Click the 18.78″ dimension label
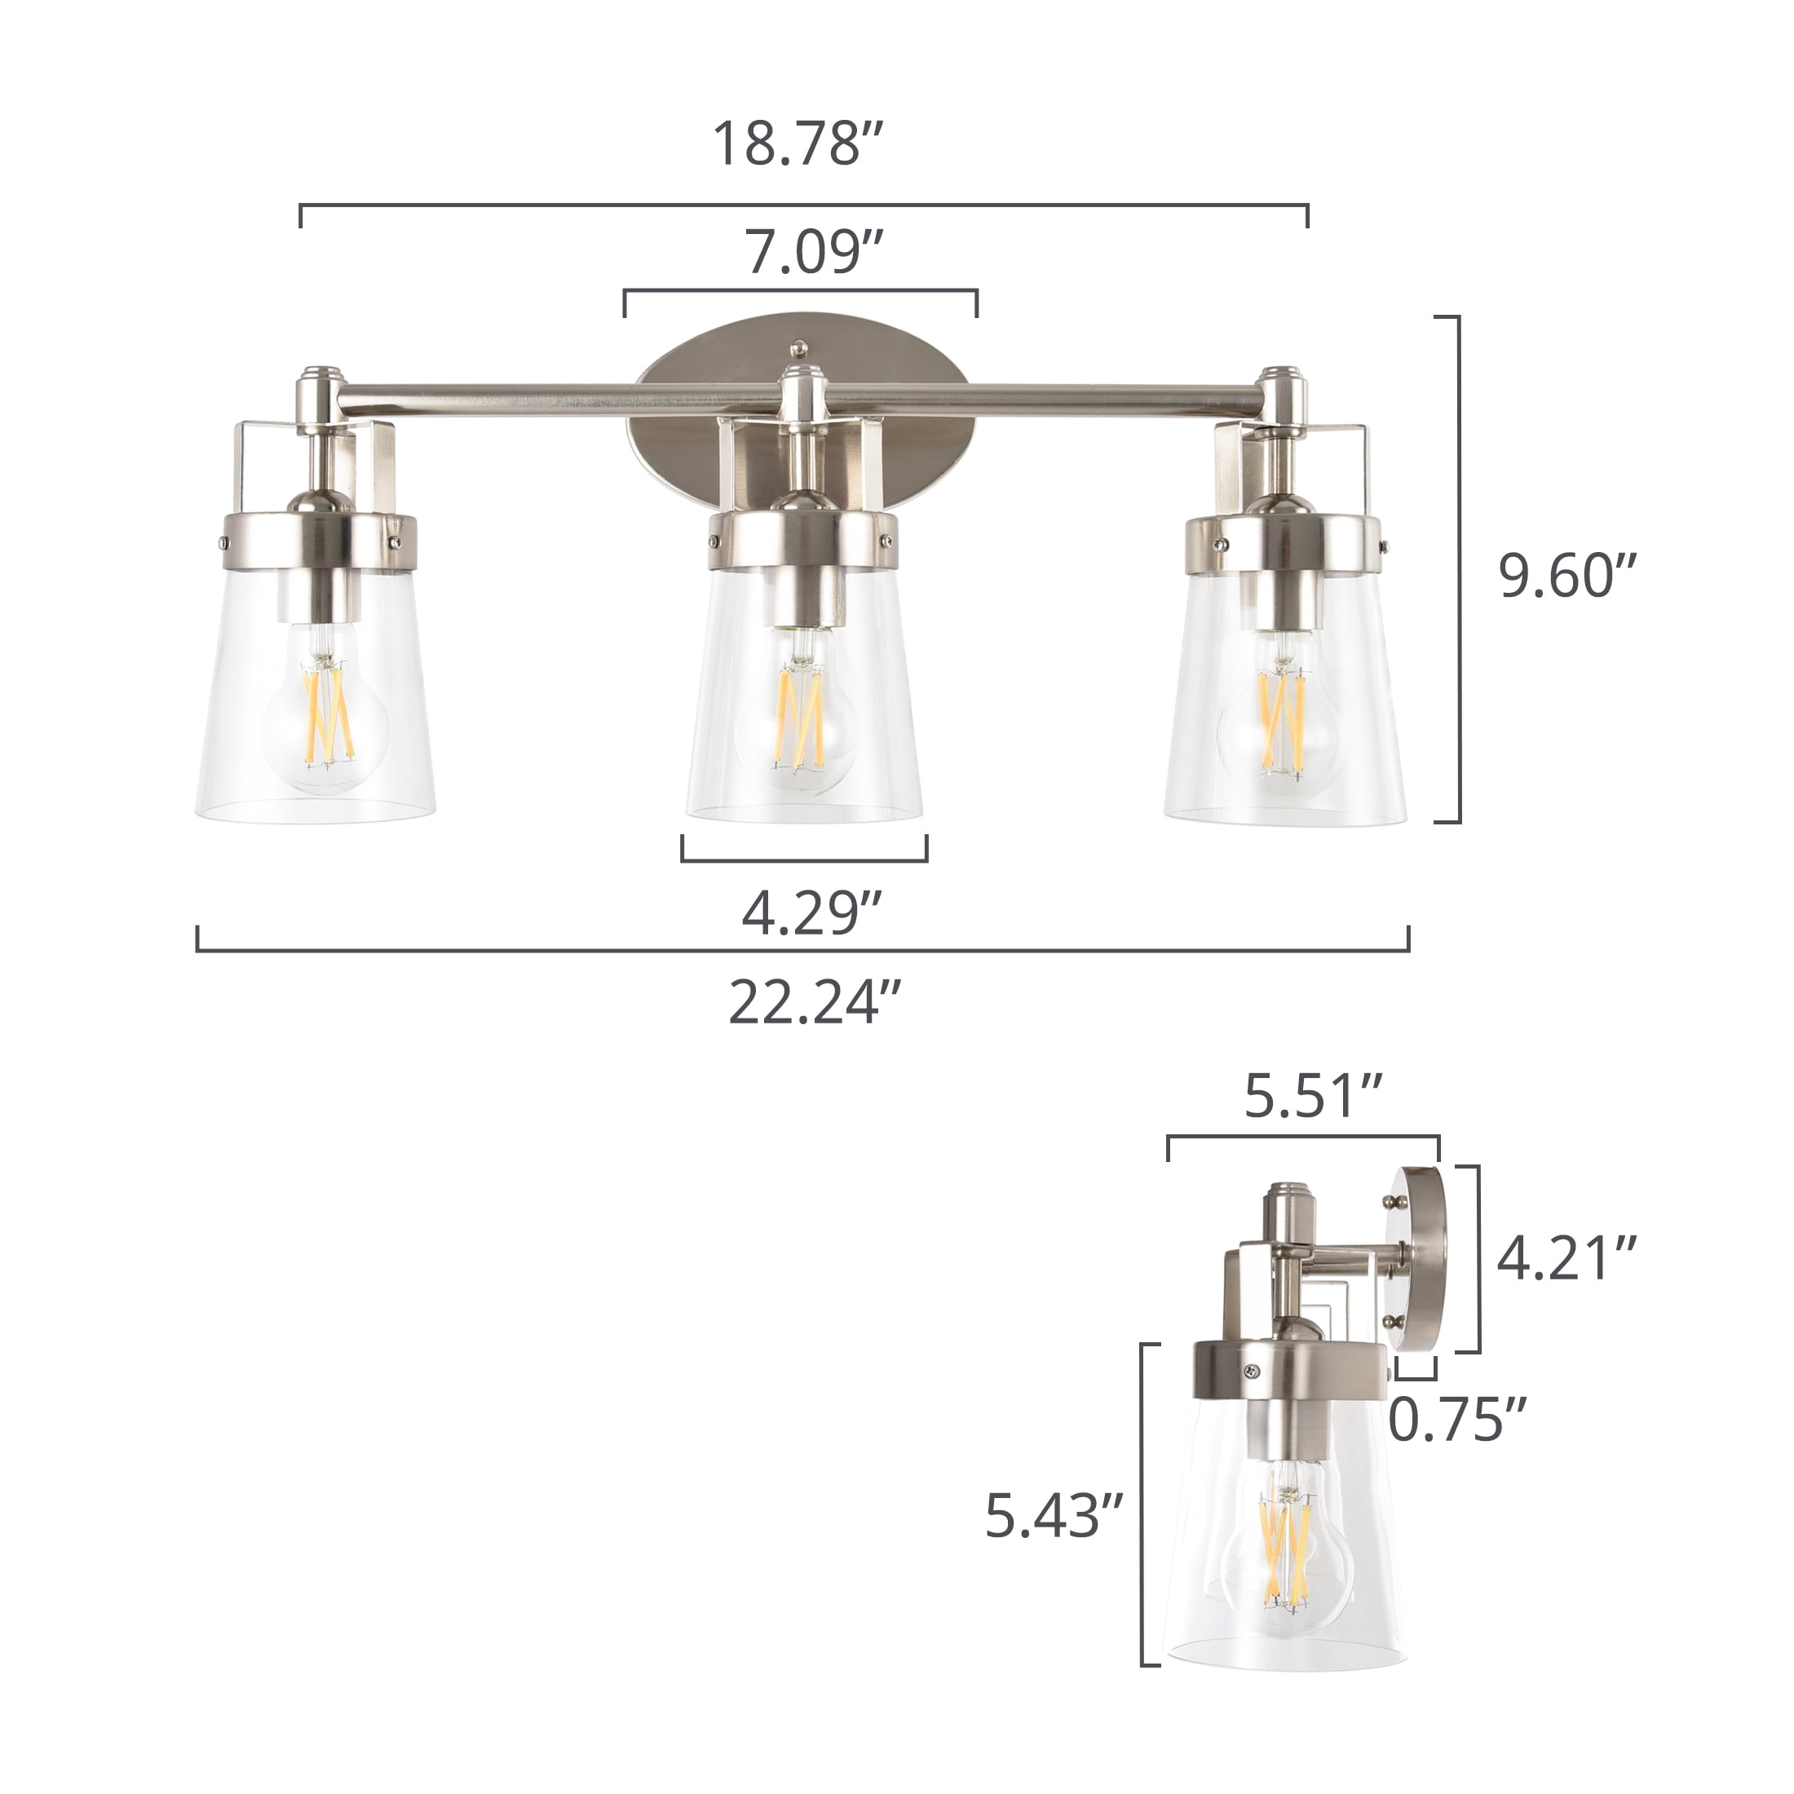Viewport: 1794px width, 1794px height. [796, 144]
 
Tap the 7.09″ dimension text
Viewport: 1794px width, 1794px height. [814, 252]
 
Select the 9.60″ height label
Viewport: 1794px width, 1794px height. [1566, 576]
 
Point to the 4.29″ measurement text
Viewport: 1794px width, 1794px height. [811, 912]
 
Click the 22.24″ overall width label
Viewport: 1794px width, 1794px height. [815, 1002]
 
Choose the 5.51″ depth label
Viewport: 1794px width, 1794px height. [1313, 1096]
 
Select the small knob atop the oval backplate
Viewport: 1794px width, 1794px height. [798, 348]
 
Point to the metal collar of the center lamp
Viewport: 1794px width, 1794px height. [803, 541]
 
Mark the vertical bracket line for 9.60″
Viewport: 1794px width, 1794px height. [1459, 568]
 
